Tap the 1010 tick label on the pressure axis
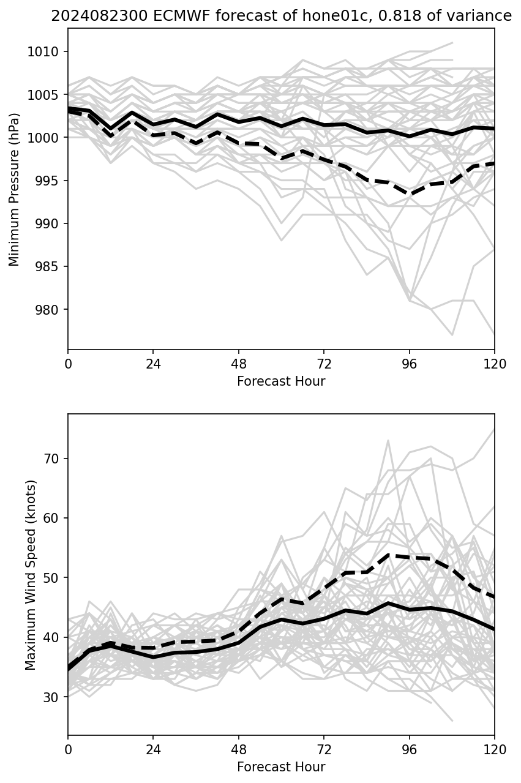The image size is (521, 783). (x=47, y=51)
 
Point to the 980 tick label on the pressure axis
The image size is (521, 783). (x=49, y=309)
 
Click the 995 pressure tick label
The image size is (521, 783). (x=49, y=181)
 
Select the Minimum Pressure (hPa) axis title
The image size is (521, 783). (x=15, y=189)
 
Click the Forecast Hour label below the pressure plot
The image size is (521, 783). (x=281, y=381)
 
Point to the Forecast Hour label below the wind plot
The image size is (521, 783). (x=281, y=767)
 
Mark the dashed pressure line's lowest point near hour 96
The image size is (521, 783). (x=410, y=194)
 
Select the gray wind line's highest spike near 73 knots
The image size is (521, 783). (x=388, y=440)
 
